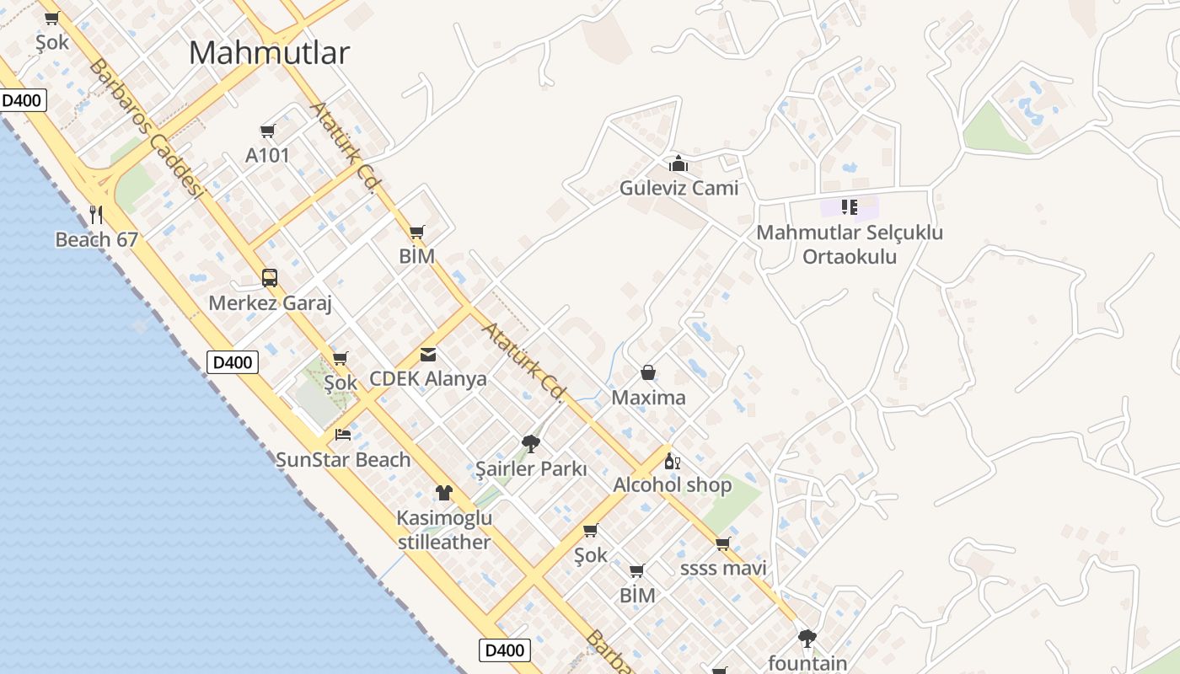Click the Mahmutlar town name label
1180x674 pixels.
[269, 53]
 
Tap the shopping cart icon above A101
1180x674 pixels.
[268, 131]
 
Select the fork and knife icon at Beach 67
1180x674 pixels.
[96, 215]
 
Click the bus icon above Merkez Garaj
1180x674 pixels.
[270, 278]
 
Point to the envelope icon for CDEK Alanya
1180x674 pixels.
[428, 355]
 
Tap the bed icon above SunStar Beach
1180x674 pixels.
[343, 435]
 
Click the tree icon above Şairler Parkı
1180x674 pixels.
[530, 443]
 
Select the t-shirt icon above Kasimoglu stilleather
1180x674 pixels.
[444, 493]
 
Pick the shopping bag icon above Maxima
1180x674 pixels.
[648, 372]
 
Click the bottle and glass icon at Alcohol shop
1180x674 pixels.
[672, 461]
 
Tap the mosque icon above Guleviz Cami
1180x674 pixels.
[678, 163]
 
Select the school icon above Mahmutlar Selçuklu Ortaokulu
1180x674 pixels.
[850, 207]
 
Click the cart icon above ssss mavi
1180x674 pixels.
[722, 544]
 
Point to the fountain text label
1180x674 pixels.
[807, 663]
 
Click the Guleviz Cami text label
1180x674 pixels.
[678, 188]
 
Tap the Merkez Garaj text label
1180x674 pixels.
[270, 303]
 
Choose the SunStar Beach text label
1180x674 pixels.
[343, 460]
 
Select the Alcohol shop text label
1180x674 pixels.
[672, 485]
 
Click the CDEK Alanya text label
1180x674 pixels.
[428, 379]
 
